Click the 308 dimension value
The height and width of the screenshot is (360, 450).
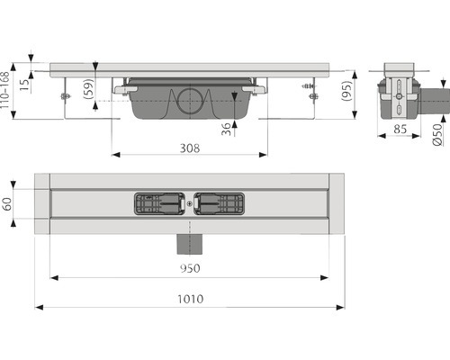coord(190,148)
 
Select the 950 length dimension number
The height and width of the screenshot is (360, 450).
coord(190,268)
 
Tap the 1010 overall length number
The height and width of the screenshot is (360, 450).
coord(191,299)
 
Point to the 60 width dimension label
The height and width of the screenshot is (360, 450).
coord(7,203)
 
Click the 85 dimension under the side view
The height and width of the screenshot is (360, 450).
coord(400,130)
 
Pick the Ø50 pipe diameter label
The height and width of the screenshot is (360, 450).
coord(437,134)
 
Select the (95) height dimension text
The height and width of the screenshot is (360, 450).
coord(346,91)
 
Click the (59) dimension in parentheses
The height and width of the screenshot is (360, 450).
coord(88,89)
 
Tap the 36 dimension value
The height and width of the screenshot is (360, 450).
coord(226,129)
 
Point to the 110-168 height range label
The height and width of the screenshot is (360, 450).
coord(4,90)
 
